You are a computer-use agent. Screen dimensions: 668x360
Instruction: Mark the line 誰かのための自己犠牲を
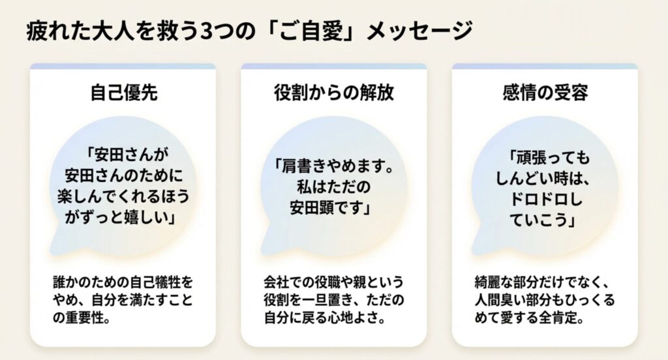[x=123, y=284]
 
